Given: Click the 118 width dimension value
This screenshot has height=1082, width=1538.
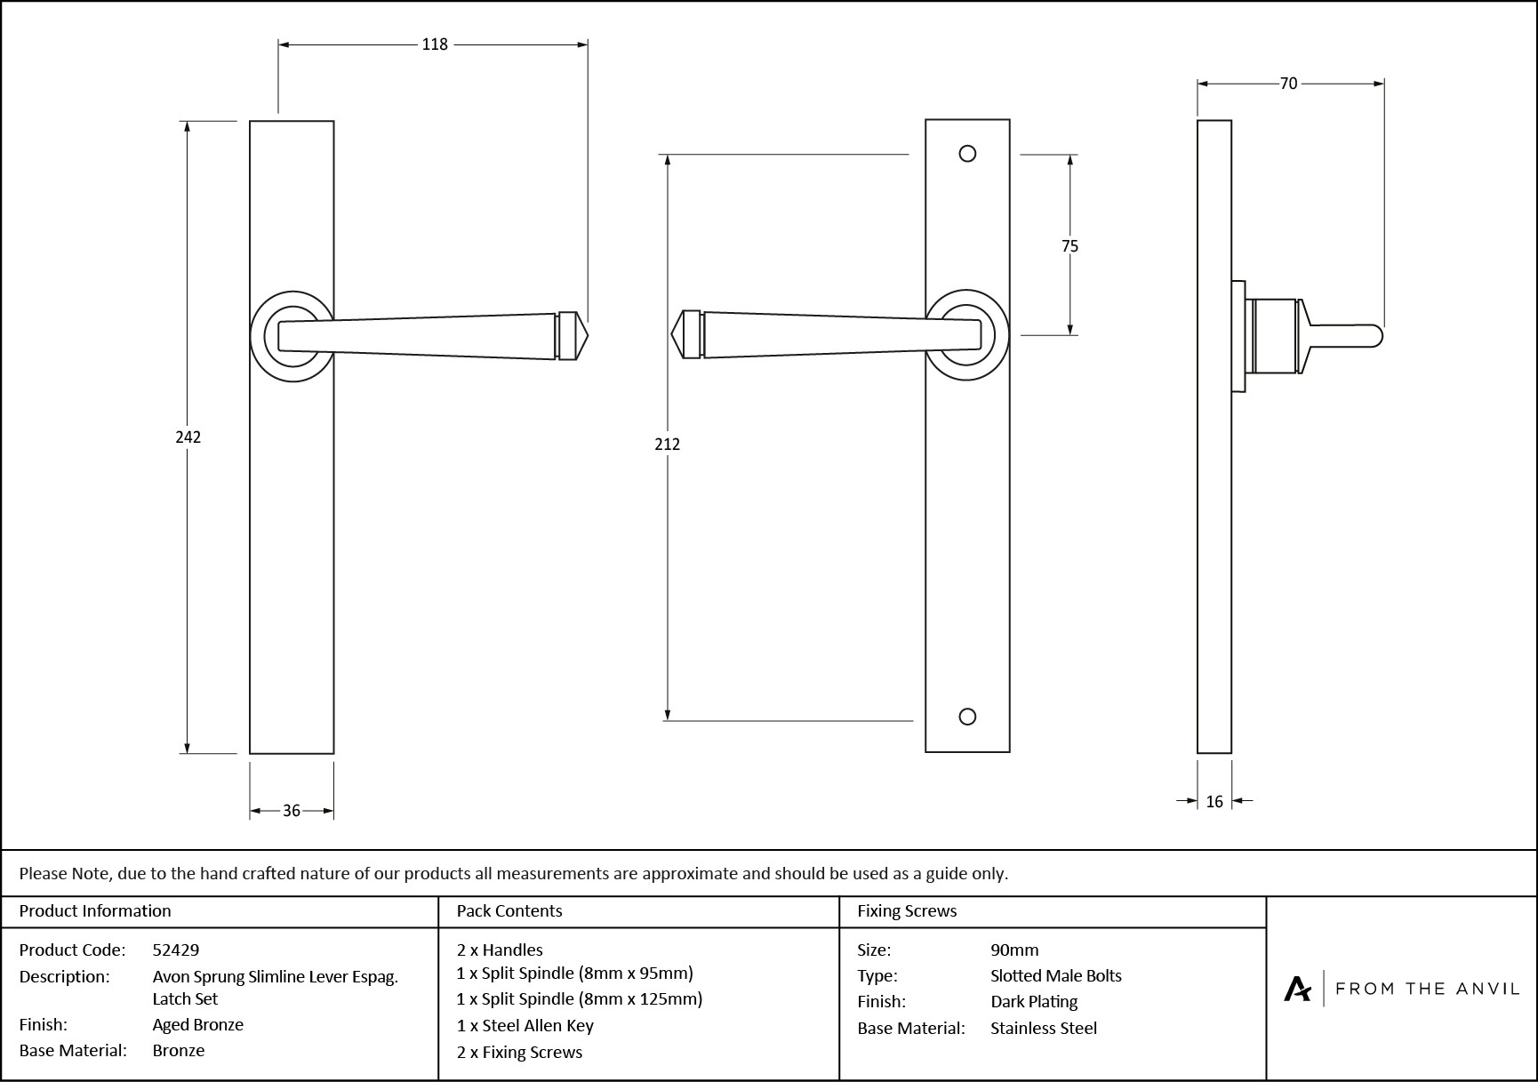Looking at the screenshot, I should coord(434,44).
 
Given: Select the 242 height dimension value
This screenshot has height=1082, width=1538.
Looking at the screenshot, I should coord(188,437).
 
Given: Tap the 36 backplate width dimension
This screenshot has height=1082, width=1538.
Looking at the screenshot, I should coord(292,811).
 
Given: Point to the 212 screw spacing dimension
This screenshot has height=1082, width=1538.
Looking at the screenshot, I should coord(667,444).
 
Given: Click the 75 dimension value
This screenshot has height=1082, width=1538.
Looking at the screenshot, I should coord(1069,246).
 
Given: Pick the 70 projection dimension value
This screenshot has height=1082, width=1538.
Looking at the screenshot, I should coord(1288,84).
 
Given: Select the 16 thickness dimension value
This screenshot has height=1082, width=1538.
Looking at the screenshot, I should coord(1214,802).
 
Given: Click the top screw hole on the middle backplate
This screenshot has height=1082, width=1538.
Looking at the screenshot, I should coord(968,154).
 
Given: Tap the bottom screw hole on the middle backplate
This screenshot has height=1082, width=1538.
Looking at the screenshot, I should coord(968,717).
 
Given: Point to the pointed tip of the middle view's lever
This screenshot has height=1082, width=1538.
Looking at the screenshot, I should coord(673,335).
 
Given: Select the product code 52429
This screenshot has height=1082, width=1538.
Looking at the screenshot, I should coord(176,950).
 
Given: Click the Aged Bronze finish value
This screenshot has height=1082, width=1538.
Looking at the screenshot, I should coord(197,1024).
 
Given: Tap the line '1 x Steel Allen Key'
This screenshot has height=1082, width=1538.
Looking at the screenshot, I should coord(525,1025).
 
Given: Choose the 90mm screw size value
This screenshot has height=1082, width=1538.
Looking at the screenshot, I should coord(1014,950).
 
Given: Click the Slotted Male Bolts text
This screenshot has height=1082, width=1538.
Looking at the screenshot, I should coord(1055,975).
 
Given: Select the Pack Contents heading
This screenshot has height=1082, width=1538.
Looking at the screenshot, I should coord(509,910).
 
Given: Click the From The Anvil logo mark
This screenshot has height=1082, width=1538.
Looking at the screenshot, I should coord(1297,989).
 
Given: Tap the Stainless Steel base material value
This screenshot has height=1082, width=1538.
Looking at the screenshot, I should coord(1044,1028).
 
